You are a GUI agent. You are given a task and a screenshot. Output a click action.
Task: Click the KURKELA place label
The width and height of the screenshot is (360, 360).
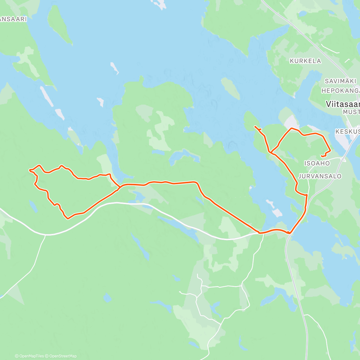coord(305,61)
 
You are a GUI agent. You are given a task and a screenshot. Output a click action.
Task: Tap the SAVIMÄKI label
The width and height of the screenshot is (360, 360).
coord(340,81)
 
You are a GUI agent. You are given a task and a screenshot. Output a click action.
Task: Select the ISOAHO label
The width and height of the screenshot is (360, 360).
coord(317,163)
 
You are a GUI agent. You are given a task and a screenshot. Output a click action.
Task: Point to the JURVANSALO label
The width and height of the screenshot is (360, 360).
coord(320,176)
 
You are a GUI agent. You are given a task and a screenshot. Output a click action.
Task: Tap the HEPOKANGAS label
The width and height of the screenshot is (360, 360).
coord(340,90)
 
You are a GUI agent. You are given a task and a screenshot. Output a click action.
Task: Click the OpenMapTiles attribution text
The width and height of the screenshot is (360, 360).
coord(29,356)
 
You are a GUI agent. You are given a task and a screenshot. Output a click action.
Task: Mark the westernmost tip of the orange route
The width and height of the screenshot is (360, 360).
coord(29,170)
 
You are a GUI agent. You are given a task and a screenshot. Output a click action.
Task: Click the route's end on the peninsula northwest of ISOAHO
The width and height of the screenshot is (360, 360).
coord(255,127)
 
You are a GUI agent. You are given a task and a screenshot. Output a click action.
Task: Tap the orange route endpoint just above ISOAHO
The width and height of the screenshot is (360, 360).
coord(322,156)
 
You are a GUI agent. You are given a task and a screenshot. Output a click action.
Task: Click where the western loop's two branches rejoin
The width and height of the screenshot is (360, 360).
coord(120,187)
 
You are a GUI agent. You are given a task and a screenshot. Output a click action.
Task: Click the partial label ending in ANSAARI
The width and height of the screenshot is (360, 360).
coord(13,19)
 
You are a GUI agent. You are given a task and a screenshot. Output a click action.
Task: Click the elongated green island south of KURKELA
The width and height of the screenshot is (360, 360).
coord(230,88)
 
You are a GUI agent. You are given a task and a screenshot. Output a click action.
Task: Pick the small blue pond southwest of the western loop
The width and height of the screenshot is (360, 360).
coord(33,206)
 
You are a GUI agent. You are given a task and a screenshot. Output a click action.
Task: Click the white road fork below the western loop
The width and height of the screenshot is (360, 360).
coord(45,235)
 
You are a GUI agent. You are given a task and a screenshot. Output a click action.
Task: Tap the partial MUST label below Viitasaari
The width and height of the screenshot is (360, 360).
coord(351,112)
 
